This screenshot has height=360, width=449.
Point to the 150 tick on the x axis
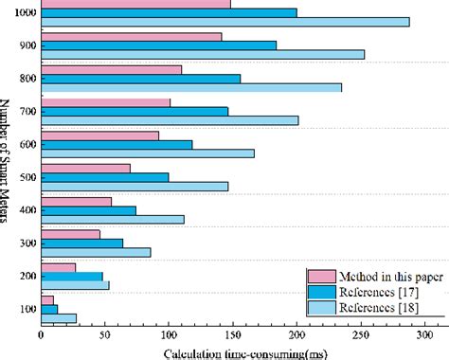point(233,335)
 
